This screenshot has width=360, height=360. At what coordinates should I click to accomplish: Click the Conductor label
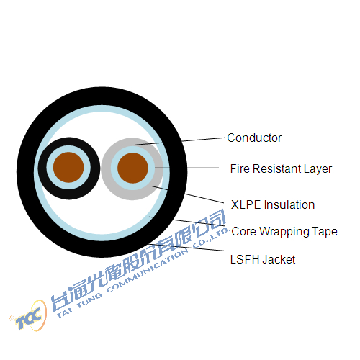pyautogui.click(x=254, y=138)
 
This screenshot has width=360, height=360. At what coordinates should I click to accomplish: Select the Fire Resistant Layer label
pyautogui.click(x=281, y=168)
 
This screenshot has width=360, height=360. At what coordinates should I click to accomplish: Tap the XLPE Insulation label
pyautogui.click(x=273, y=204)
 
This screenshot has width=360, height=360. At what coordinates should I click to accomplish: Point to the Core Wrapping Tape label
pyautogui.click(x=284, y=232)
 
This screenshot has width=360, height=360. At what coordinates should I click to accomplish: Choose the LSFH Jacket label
pyautogui.click(x=263, y=259)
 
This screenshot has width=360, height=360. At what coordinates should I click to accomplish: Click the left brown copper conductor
pyautogui.click(x=68, y=167)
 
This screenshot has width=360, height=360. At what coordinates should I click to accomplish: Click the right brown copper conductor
pyautogui.click(x=132, y=168)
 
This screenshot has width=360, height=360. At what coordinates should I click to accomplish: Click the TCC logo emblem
pyautogui.click(x=30, y=316)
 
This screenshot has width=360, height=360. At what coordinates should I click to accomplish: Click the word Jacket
pyautogui.click(x=279, y=259)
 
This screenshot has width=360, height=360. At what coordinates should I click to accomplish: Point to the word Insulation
pyautogui.click(x=289, y=204)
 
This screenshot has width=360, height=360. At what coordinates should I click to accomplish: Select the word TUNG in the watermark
pyautogui.click(x=89, y=301)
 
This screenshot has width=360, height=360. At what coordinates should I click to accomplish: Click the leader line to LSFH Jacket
pyautogui.click(x=186, y=248)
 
